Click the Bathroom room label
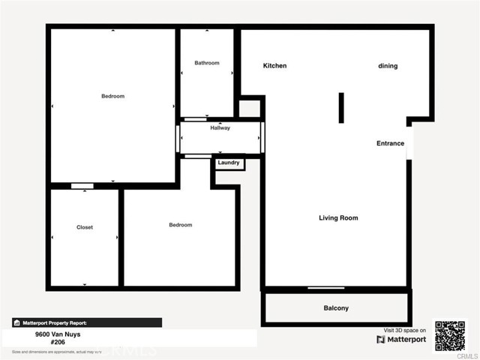coord(207,63)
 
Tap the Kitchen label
coord(274,66)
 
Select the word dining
coord(388,66)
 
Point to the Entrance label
coord(390,143)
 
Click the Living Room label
coord(338,218)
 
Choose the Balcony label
coord(336,308)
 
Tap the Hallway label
coord(220,128)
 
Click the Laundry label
coord(229,163)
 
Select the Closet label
coord(85,227)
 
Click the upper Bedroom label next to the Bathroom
coord(113,96)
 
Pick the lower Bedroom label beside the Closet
coord(180,225)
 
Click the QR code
coord(450,336)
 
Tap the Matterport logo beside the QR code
coord(401,340)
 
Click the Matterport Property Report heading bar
coord(86,322)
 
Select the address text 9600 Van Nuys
coord(57,335)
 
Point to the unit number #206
coord(57,343)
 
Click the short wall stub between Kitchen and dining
coord(341,107)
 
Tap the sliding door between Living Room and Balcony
coord(326,288)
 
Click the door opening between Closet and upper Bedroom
coord(82,186)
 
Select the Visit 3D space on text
coord(405,330)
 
